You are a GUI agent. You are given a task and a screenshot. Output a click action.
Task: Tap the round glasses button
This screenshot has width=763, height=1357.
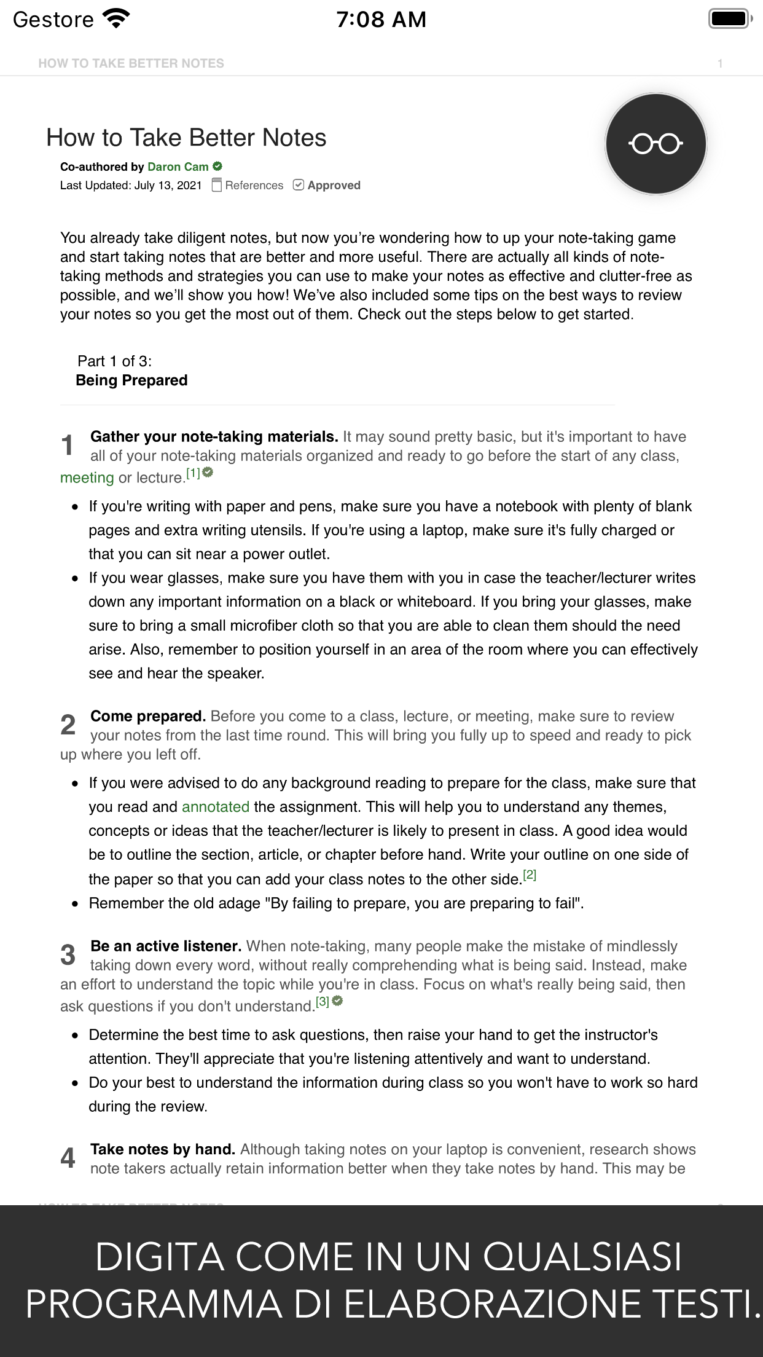click(655, 144)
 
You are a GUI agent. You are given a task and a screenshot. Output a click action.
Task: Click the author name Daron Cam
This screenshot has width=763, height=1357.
click(178, 167)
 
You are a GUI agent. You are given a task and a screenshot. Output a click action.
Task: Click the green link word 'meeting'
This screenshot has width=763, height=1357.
click(87, 478)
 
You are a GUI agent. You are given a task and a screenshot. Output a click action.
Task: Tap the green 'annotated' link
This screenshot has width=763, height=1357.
click(216, 807)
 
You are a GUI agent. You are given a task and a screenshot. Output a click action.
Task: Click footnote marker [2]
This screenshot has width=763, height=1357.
click(530, 875)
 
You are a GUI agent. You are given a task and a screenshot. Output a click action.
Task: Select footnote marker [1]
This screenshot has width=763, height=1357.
click(194, 473)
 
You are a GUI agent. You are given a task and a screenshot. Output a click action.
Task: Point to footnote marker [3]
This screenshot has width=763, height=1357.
click(323, 1002)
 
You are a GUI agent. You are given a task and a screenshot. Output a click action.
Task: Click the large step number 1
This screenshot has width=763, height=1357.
click(68, 446)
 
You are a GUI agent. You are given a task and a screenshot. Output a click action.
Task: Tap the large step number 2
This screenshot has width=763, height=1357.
click(68, 725)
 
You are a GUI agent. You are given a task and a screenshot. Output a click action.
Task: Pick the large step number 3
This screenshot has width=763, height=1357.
click(68, 955)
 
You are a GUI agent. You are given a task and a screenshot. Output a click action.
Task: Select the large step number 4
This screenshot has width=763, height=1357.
click(68, 1158)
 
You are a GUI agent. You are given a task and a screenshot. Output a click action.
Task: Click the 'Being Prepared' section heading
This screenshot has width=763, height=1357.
click(131, 380)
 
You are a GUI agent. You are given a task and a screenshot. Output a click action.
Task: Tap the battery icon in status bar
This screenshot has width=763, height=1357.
click(730, 19)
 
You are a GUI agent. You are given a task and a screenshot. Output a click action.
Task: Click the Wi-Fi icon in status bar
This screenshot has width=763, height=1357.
click(117, 19)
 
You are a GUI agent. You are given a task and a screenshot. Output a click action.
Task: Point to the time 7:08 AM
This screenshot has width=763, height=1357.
click(381, 20)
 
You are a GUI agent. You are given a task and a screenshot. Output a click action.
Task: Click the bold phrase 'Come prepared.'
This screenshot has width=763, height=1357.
click(147, 716)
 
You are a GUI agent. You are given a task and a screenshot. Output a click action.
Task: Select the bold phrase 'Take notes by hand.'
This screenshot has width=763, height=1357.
click(163, 1149)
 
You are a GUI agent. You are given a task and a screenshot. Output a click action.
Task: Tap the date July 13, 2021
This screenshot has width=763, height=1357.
click(168, 185)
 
